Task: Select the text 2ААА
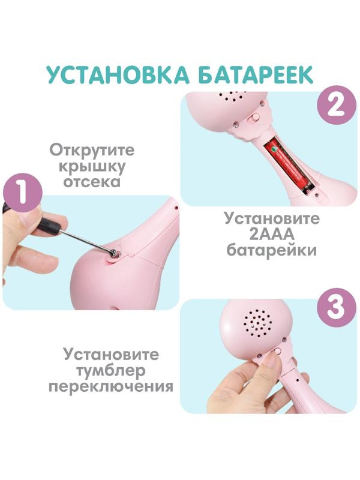(x=271, y=234)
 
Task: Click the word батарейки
(x=271, y=250)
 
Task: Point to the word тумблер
(x=111, y=370)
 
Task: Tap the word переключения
(x=111, y=386)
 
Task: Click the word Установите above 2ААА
(x=271, y=218)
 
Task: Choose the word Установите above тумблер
(x=111, y=354)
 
